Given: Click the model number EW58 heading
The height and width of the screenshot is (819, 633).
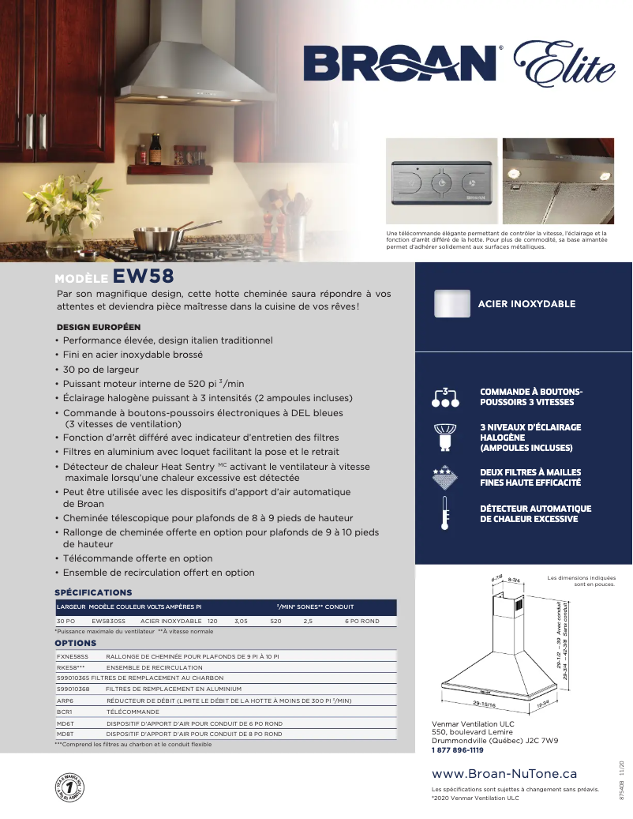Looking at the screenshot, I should (143, 276).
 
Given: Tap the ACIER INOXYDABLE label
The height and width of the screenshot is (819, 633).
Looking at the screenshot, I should (526, 304).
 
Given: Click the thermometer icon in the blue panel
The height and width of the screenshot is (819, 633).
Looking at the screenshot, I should (445, 514).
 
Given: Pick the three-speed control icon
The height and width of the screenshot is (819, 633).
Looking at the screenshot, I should (445, 396).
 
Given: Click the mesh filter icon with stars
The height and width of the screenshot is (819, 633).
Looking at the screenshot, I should (445, 477).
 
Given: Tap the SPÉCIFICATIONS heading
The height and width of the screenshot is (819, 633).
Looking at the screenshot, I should (93, 592).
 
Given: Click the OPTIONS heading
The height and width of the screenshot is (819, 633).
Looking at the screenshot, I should (75, 644).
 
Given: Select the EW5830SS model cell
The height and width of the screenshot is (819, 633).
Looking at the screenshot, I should (108, 622).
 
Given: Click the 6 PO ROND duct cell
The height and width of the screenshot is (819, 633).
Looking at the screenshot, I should (361, 622).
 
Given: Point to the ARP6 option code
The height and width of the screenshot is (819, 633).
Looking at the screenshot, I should (65, 701).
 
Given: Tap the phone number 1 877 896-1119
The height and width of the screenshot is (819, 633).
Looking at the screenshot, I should (457, 750).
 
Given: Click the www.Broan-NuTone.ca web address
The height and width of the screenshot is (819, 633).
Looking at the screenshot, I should (504, 774).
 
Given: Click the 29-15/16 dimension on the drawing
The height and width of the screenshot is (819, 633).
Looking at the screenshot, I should (484, 703).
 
